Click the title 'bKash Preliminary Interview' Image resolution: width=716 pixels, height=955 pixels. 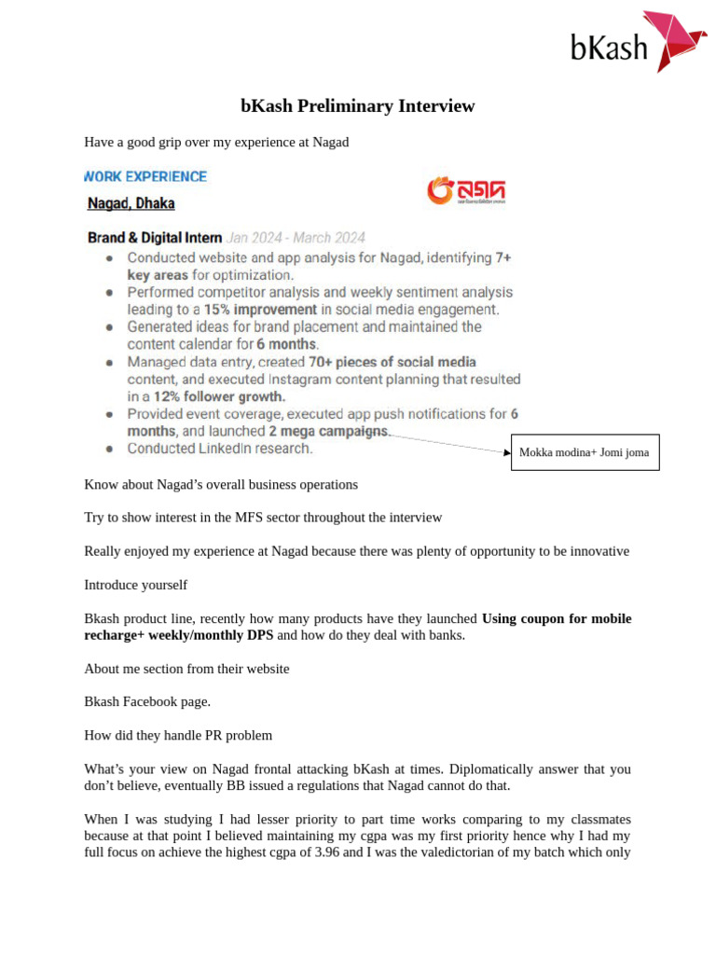pyautogui.click(x=357, y=106)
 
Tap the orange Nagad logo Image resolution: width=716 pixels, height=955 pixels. pyautogui.click(x=465, y=190)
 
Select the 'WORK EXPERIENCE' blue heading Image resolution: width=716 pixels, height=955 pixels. pyautogui.click(x=146, y=176)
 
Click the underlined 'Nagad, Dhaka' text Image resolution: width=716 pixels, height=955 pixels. pyautogui.click(x=131, y=203)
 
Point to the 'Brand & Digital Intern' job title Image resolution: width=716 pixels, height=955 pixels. pyautogui.click(x=155, y=238)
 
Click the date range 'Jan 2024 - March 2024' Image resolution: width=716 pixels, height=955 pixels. pyautogui.click(x=296, y=238)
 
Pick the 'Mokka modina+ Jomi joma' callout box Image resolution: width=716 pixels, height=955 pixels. pyautogui.click(x=585, y=452)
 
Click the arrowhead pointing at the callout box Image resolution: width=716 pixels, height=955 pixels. pyautogui.click(x=507, y=452)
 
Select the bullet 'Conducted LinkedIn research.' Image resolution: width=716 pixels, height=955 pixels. pyautogui.click(x=220, y=449)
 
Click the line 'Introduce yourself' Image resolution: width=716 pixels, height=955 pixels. pyautogui.click(x=135, y=585)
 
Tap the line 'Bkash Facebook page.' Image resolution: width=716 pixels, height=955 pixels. pyautogui.click(x=147, y=701)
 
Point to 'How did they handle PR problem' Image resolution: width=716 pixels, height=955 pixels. pyautogui.click(x=178, y=735)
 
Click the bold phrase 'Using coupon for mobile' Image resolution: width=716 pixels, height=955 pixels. pyautogui.click(x=557, y=618)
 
